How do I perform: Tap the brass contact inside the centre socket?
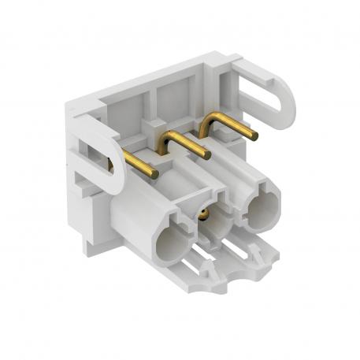[206, 213]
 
